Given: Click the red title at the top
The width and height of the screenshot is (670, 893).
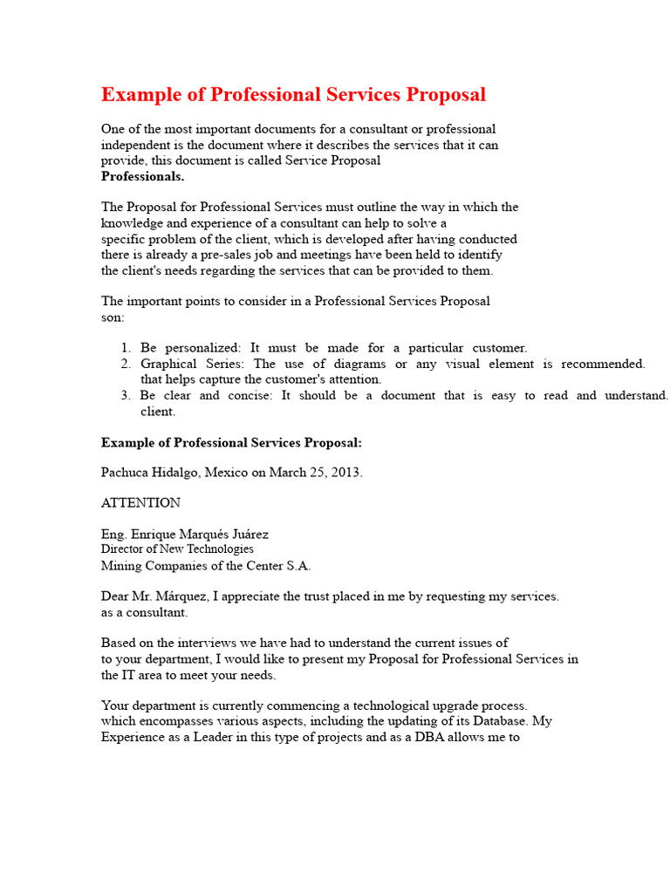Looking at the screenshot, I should pos(293,95).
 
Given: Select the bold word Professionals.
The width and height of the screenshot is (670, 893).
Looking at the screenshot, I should pos(142,176).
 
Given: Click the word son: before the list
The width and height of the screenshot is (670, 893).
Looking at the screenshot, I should pos(113,317).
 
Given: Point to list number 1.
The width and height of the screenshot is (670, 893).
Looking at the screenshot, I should pos(126,348).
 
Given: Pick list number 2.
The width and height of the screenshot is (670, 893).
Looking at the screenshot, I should pos(126,364).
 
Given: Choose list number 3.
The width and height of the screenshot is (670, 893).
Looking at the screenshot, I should pos(126,396).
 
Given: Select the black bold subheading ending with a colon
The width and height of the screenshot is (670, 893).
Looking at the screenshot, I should pos(231,443).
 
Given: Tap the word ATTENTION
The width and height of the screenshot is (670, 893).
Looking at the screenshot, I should pos(140,503).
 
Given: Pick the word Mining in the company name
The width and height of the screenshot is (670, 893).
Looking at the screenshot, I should pos(122,565).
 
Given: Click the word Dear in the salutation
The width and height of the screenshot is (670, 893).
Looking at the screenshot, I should pos(117,597).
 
